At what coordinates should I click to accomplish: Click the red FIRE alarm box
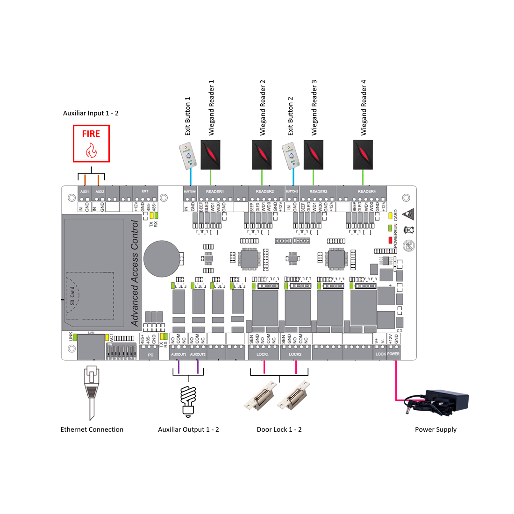91,143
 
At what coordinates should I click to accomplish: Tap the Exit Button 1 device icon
188,156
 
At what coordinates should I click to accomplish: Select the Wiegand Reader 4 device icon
364,154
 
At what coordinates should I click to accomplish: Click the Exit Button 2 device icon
291,156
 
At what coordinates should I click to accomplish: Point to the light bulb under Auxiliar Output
188,400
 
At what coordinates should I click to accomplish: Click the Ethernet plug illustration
91,390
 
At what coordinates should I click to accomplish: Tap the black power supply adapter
446,401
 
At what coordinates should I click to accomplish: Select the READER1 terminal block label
215,192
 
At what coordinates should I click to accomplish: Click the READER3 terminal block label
318,192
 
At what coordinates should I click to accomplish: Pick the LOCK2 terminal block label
295,354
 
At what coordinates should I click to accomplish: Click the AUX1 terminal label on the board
85,192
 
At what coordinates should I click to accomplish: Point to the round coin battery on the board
161,258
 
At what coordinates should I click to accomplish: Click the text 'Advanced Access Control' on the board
135,273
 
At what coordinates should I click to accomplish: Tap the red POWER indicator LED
390,240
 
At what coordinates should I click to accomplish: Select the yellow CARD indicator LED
390,216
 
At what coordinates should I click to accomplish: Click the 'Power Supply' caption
435,429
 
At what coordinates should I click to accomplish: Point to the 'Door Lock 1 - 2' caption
279,429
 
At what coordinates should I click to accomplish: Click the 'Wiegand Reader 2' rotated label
263,107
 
